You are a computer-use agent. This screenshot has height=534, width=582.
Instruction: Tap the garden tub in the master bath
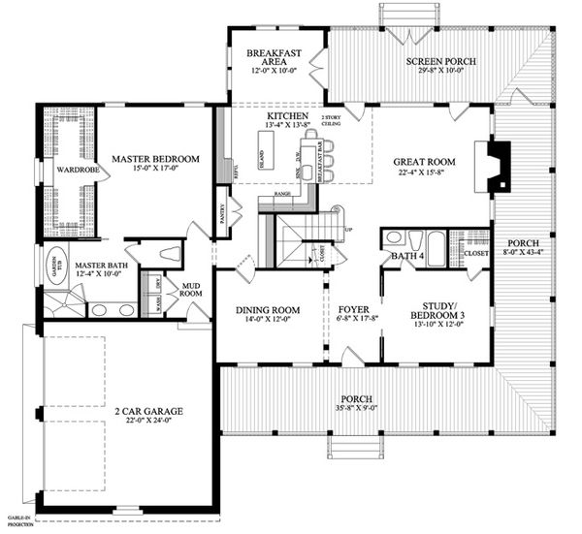coord(54,263)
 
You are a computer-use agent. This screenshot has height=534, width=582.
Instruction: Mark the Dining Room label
coord(268,310)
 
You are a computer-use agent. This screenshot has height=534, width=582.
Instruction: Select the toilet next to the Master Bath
coord(170,254)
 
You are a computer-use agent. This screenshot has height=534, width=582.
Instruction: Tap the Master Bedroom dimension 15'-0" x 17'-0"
coord(154,171)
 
